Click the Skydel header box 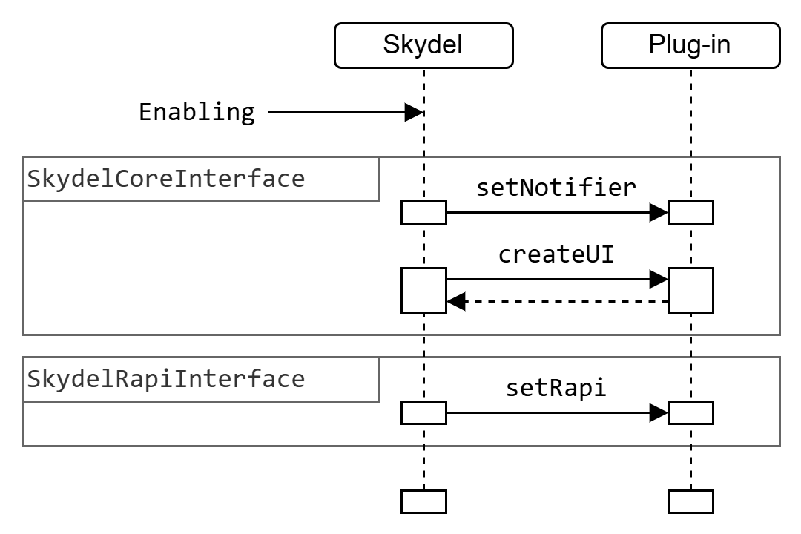(423, 45)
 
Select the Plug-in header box (690, 45)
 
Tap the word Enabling (197, 113)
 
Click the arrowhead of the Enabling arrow (413, 113)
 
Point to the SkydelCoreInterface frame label (166, 179)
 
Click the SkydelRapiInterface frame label (166, 379)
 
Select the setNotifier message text (556, 188)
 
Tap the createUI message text (556, 254)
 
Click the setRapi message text (556, 388)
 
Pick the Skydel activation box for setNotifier (423, 212)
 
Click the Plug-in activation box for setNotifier (690, 212)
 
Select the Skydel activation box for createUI (423, 290)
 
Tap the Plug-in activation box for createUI (690, 290)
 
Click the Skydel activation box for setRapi (423, 412)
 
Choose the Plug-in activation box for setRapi (690, 412)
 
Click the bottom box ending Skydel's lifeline (423, 501)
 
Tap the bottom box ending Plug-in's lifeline (690, 501)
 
